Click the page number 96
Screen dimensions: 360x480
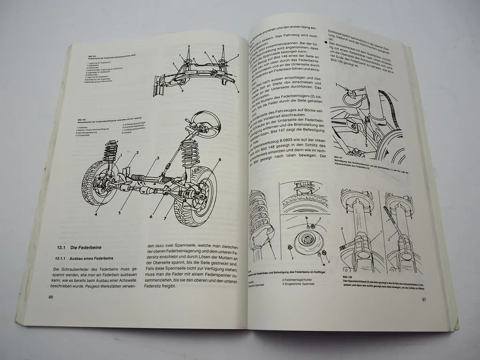coord(51,297)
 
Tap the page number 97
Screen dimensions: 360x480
coord(423,300)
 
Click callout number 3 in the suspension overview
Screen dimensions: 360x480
coord(158,158)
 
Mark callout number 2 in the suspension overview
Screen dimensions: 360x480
coord(137,153)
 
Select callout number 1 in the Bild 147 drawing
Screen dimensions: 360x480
coord(336,85)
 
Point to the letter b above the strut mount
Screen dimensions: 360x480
coord(306,218)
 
